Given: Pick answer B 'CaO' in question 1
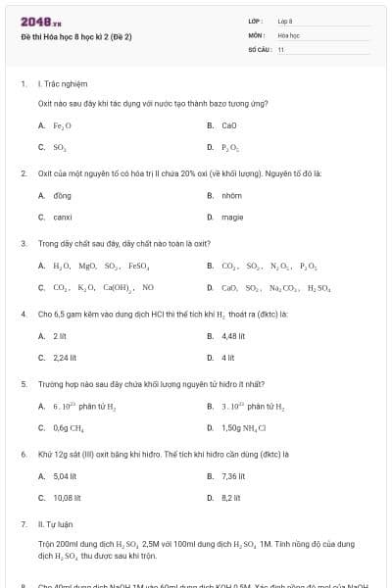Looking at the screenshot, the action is pyautogui.click(x=229, y=125).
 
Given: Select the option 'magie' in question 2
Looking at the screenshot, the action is pyautogui.click(x=232, y=217).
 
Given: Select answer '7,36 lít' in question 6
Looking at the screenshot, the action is pyautogui.click(x=233, y=476).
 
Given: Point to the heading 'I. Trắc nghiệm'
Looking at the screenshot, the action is pyautogui.click(x=59, y=84).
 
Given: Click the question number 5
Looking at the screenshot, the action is pyautogui.click(x=24, y=385).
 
